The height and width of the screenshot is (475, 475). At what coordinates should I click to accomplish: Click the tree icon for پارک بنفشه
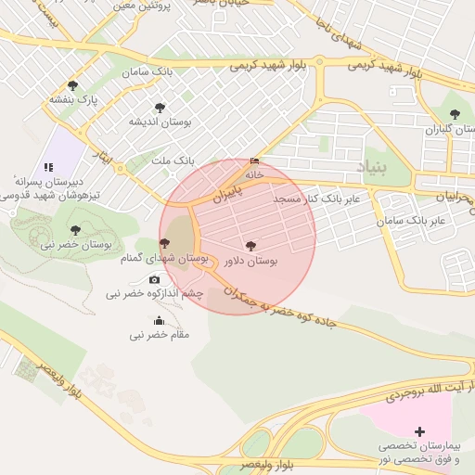72,85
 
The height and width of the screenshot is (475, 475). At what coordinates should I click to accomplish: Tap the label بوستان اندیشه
160,122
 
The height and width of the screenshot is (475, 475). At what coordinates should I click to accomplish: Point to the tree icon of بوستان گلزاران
454,115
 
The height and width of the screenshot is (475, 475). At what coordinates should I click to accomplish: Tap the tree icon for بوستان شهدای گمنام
165,243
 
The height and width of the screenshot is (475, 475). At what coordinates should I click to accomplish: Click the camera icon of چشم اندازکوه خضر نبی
154,279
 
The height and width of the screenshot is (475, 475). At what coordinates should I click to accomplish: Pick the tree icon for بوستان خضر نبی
75,229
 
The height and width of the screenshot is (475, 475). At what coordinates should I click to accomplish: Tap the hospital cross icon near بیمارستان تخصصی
420,431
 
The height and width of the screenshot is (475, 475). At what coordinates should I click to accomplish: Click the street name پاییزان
226,192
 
